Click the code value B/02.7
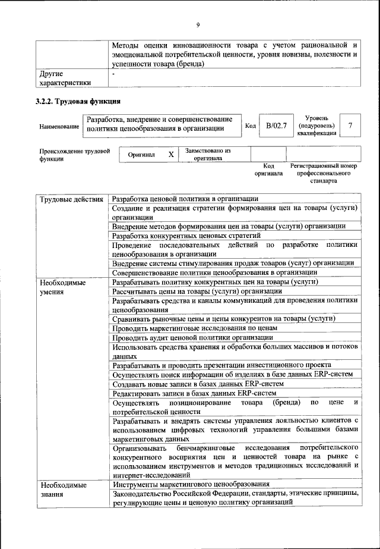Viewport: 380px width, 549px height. (276, 126)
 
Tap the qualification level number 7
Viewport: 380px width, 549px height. (351, 126)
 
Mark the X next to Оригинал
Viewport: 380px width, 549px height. (170, 155)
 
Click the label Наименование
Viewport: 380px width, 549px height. (59, 127)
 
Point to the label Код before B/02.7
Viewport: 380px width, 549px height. (251, 126)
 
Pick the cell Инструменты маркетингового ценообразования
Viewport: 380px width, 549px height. (191, 484)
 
